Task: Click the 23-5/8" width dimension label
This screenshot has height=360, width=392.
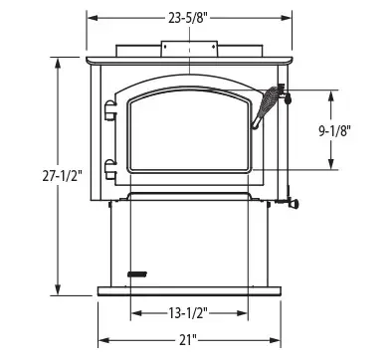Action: [189, 19]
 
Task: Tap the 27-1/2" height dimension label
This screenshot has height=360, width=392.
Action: [62, 176]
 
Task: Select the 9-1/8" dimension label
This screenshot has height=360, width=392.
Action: [335, 131]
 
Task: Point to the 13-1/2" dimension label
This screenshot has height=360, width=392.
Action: [189, 313]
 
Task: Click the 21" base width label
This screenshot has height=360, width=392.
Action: [188, 340]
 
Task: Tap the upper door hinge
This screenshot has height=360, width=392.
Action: [110, 110]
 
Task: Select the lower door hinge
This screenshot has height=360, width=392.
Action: [110, 169]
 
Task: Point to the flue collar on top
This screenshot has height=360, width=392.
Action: [189, 49]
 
